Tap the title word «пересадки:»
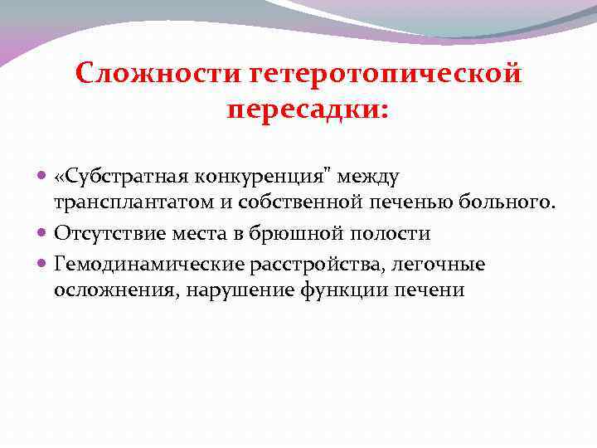point(307,110)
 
